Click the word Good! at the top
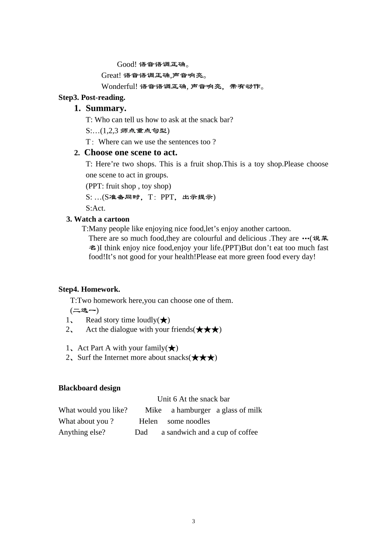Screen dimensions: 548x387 pos(127,64)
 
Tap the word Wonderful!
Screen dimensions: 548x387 pos(119,86)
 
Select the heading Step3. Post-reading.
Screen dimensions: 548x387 pos(92,97)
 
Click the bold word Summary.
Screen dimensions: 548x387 pos(106,108)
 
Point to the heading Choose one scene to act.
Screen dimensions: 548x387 pos(130,152)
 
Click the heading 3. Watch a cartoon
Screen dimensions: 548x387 pos(98,219)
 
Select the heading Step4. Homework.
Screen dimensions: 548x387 pos(89,289)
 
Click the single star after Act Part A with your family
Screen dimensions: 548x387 pos(172,348)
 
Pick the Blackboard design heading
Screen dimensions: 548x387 pos(89,388)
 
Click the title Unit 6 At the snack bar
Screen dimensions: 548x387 pos(193,399)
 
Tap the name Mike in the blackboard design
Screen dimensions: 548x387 pos(153,410)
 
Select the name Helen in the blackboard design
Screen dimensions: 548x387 pos(148,421)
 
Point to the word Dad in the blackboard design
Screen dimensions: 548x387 pos(141,432)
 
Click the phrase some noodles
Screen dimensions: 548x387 pos(189,421)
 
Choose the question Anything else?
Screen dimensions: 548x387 pos(82,432)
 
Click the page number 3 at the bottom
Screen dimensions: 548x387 pos(193,521)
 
